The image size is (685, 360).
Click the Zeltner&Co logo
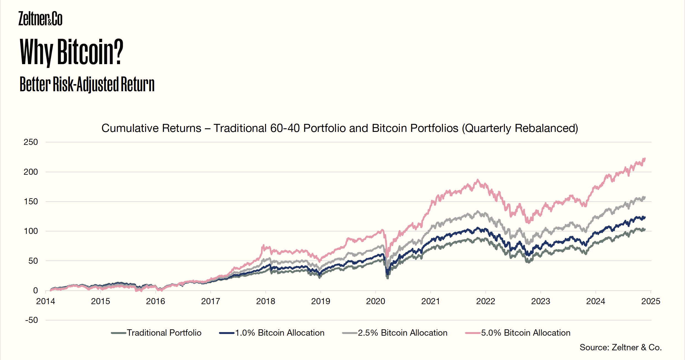(40, 19)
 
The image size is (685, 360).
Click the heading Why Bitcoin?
(71, 52)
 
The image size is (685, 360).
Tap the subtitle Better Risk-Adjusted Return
(87, 84)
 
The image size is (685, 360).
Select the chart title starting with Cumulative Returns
(340, 128)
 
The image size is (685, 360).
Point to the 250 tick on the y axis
(31, 142)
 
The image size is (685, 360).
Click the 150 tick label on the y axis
(31, 202)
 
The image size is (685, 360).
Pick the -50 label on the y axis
(32, 320)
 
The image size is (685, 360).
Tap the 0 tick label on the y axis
(35, 291)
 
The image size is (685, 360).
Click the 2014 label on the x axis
(46, 301)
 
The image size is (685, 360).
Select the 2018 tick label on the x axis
(265, 301)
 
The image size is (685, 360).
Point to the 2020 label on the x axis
(375, 301)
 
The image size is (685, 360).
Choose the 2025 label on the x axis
(651, 301)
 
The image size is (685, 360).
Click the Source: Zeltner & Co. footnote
(621, 347)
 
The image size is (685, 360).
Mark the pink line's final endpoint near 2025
(645, 159)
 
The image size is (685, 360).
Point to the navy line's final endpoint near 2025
(645, 217)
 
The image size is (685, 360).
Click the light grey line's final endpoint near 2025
(645, 197)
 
